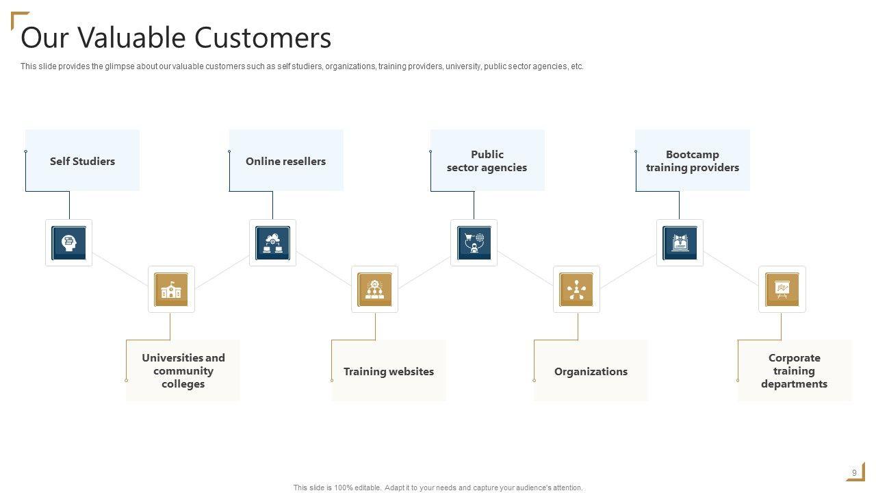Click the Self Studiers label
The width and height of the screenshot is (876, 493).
82,162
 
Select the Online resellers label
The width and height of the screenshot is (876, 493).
285,162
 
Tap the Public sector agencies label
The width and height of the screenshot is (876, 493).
487,161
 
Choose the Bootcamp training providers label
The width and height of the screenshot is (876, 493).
692,161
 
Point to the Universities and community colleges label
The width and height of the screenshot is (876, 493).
183,370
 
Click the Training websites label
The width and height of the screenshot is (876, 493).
388,371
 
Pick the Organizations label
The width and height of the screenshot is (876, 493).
591,371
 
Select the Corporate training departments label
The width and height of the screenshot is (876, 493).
794,370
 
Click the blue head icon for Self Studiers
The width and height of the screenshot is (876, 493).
69,243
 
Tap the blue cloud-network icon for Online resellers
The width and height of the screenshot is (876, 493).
272,243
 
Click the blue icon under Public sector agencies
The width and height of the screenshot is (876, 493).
474,243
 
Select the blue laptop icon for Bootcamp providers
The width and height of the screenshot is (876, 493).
680,243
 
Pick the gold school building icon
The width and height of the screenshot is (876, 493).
171,290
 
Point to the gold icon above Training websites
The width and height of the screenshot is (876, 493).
374,290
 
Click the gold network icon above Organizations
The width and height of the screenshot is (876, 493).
576,290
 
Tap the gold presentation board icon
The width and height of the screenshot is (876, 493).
782,290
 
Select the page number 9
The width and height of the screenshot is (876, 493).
854,473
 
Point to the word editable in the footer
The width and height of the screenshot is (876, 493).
366,488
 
